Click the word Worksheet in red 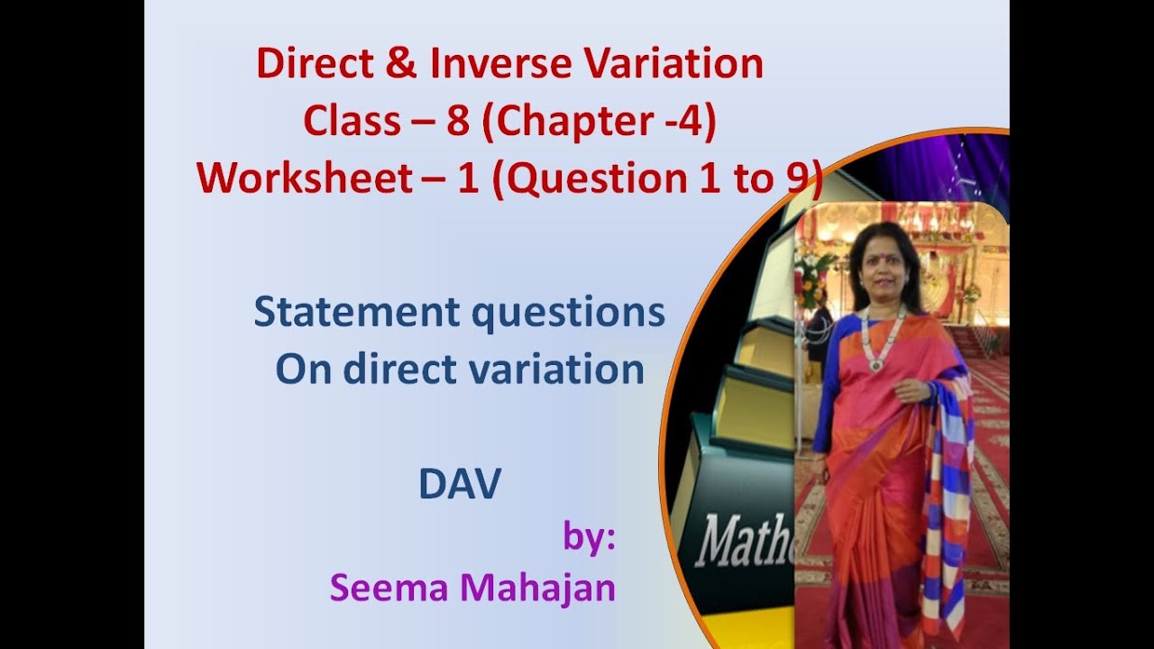[305, 179]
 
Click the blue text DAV [459, 486]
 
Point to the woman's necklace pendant [873, 365]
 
